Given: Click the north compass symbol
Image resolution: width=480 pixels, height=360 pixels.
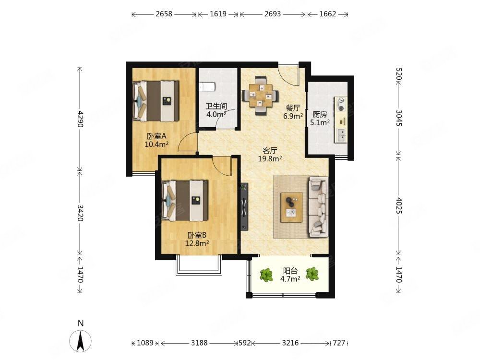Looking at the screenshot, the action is pyautogui.click(x=81, y=341).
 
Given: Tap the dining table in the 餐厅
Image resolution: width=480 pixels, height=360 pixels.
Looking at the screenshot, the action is pyautogui.click(x=261, y=95).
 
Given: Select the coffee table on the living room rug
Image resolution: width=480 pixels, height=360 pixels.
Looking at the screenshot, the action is pyautogui.click(x=292, y=207).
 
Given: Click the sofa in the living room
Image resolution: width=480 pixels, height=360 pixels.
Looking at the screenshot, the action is pyautogui.click(x=318, y=207).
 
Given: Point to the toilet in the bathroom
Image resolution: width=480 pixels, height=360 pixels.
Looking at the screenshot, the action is pyautogui.click(x=207, y=87).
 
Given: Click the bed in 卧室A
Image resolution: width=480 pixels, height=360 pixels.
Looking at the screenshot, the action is pyautogui.click(x=156, y=101).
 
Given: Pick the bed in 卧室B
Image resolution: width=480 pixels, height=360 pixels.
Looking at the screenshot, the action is pyautogui.click(x=185, y=201).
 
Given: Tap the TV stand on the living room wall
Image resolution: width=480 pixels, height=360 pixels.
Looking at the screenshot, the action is pyautogui.click(x=244, y=206).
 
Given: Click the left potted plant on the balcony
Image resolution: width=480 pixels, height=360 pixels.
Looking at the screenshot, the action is pyautogui.click(x=266, y=275).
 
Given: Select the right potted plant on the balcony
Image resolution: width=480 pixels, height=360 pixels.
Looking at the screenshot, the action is pyautogui.click(x=312, y=274).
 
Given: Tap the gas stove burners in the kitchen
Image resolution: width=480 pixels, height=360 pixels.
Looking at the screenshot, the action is pyautogui.click(x=341, y=104).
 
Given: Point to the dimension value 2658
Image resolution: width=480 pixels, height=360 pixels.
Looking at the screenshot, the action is pyautogui.click(x=164, y=14).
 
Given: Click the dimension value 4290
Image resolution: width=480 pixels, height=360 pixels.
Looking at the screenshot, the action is pyautogui.click(x=80, y=119).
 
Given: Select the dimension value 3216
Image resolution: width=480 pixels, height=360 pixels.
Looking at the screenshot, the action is pyautogui.click(x=290, y=343).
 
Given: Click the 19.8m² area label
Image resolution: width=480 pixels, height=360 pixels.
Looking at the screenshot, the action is pyautogui.click(x=270, y=158).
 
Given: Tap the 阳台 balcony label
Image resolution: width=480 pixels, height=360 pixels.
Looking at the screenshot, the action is pyautogui.click(x=290, y=271).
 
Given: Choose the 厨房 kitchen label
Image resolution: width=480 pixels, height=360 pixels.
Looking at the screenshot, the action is pyautogui.click(x=320, y=115).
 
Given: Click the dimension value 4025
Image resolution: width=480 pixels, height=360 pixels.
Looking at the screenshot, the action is pyautogui.click(x=399, y=205).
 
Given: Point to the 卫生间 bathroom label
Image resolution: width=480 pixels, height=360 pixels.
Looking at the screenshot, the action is pyautogui.click(x=216, y=106).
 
